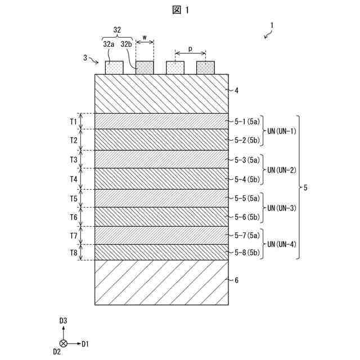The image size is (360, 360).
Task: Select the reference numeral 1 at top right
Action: (x=272, y=25)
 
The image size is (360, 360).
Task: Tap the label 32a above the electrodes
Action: (x=109, y=43)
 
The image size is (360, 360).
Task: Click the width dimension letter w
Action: (x=145, y=39)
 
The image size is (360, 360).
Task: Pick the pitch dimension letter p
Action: (x=190, y=49)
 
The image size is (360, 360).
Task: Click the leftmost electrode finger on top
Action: (x=114, y=67)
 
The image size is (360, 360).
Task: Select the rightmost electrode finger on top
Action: (x=205, y=67)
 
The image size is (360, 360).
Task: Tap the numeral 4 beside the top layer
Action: (x=236, y=89)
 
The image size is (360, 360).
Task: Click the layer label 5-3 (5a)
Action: (x=247, y=160)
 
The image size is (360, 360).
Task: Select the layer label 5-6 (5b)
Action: (x=247, y=217)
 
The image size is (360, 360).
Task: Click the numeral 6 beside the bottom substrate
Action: (x=236, y=280)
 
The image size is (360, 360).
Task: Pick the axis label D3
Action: (x=64, y=321)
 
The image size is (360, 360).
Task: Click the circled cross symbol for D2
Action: (x=64, y=343)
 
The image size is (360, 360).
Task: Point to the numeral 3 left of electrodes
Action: (x=85, y=58)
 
